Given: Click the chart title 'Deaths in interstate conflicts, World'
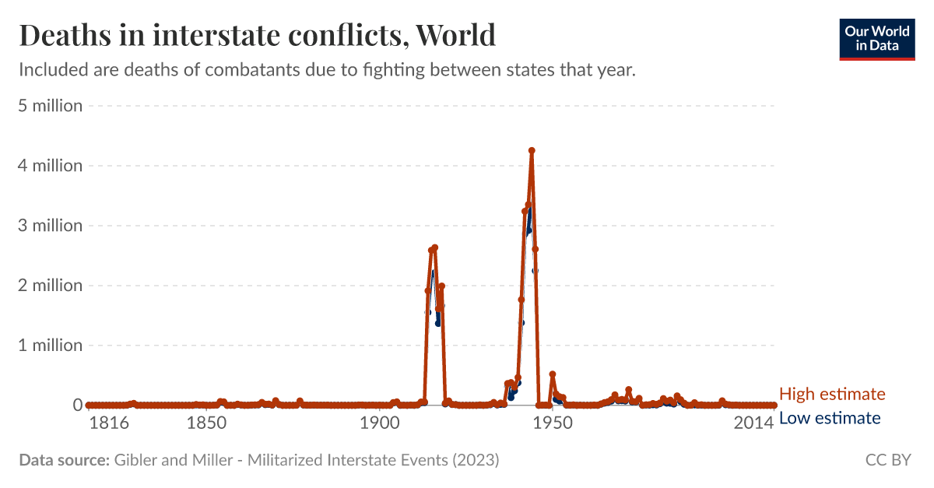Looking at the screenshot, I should (x=257, y=35).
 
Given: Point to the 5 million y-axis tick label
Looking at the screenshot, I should (x=50, y=106).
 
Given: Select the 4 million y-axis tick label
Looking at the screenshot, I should (x=50, y=166).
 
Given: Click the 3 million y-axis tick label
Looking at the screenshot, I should (x=50, y=226).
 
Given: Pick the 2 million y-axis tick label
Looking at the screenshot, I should (x=50, y=286).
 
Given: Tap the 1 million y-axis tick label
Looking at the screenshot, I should (x=50, y=346).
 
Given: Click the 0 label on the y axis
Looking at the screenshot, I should (x=78, y=405).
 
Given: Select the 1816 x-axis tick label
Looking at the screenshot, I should (x=108, y=424).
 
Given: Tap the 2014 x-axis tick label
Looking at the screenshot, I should (x=753, y=424).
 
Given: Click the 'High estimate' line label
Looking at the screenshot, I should (x=832, y=394).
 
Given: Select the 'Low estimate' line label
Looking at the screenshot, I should (x=830, y=419).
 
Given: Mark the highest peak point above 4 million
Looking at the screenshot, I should (x=532, y=151).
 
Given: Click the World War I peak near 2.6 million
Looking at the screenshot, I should (x=434, y=248).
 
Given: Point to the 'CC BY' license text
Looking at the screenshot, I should (x=888, y=460).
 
